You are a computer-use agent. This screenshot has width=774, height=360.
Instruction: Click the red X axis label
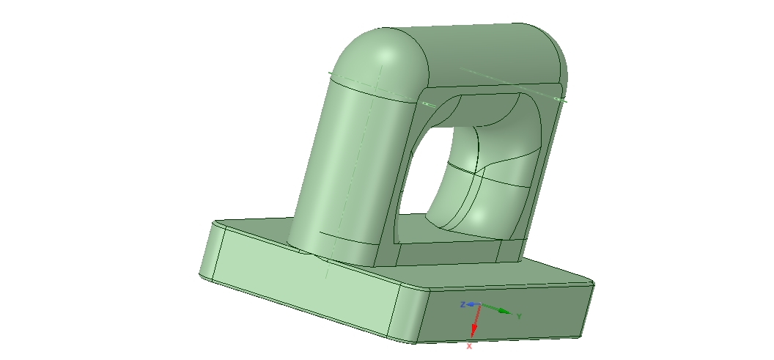(x=469, y=345)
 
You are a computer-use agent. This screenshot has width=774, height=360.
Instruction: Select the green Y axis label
(x=518, y=317)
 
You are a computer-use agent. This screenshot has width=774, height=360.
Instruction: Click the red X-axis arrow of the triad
(x=475, y=323)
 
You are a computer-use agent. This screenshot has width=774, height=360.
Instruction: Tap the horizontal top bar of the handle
(x=484, y=55)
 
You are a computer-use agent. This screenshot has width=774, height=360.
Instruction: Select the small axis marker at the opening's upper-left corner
(x=425, y=104)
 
